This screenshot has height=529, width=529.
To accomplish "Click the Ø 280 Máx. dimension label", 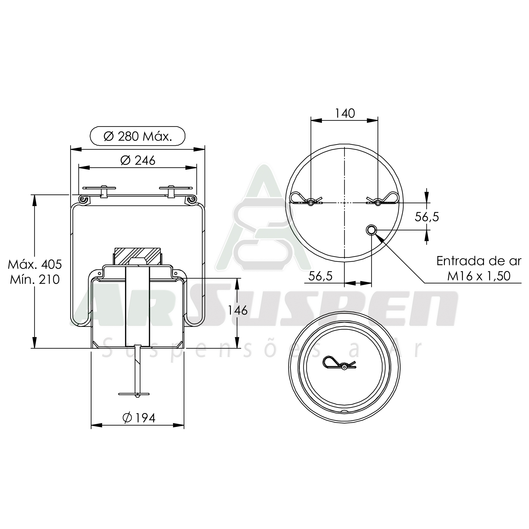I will coord(137,136).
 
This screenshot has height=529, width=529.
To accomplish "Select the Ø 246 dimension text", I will coord(138,160).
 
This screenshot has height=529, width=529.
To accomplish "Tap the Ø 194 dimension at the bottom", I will coord(139,418).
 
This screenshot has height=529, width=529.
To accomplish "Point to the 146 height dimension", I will coord(238,310).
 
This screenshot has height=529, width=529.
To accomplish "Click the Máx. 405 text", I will coord(35,264).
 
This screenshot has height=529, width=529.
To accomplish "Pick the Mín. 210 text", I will coord(35,280).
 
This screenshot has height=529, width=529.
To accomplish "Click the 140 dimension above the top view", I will coord(345,113).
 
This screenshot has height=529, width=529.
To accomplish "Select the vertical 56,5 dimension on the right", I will coord(427,217).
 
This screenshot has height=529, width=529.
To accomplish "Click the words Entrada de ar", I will coord(479,261).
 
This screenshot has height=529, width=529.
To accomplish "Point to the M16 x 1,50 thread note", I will coord(479,276).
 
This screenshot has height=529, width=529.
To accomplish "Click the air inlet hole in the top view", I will coord(371,230).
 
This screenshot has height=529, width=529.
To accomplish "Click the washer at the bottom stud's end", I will coord(134,394).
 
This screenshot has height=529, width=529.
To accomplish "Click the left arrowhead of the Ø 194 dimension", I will coord(96,425).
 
